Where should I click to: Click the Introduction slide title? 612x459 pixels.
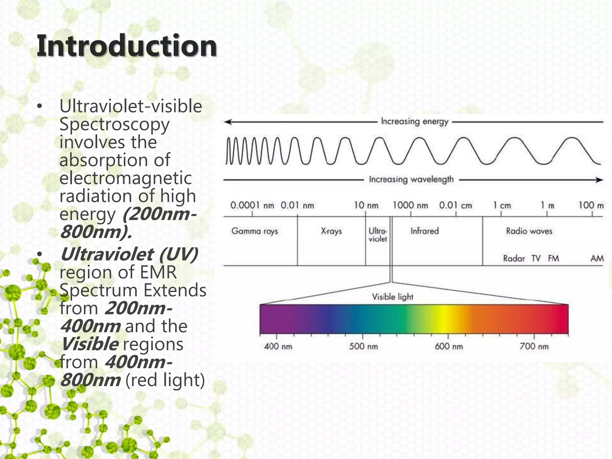click(x=127, y=46)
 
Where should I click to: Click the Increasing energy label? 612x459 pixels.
click(x=415, y=122)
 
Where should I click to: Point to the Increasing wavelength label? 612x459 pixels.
click(x=411, y=179)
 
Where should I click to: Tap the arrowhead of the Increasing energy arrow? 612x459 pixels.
click(x=228, y=122)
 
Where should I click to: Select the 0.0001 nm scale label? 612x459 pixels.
click(x=252, y=206)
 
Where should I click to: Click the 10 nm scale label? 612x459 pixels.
click(x=366, y=206)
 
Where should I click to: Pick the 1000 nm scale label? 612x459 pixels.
click(x=410, y=206)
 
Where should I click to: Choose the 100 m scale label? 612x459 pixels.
click(x=591, y=206)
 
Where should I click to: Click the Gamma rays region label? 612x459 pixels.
click(x=255, y=231)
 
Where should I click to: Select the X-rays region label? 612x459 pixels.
click(x=331, y=231)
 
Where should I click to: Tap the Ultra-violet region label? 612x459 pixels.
click(x=378, y=235)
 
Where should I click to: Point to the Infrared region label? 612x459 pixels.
click(x=424, y=231)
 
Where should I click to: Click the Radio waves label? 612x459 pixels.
click(x=529, y=231)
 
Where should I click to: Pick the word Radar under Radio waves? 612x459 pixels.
click(x=514, y=258)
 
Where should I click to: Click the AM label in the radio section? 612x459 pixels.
click(x=597, y=258)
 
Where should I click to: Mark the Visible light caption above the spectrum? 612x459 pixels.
click(x=392, y=297)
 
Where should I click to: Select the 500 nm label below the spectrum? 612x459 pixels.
click(x=363, y=347)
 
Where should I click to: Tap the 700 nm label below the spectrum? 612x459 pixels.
click(x=534, y=347)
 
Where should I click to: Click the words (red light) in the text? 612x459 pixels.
click(x=165, y=380)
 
